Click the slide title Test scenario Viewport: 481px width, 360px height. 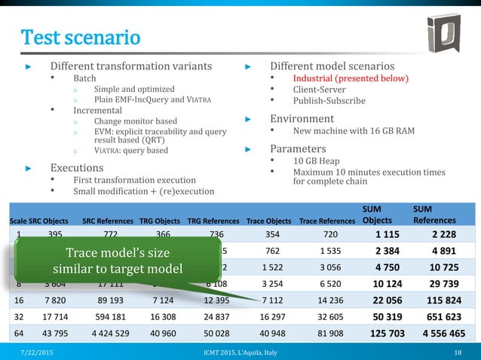[80, 37]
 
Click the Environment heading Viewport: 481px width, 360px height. [302, 118]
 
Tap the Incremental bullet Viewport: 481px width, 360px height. [97, 110]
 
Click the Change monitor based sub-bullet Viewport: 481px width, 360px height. [136, 121]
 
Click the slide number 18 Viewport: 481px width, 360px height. [458, 352]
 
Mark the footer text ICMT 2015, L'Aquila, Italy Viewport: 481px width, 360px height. [241, 352]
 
